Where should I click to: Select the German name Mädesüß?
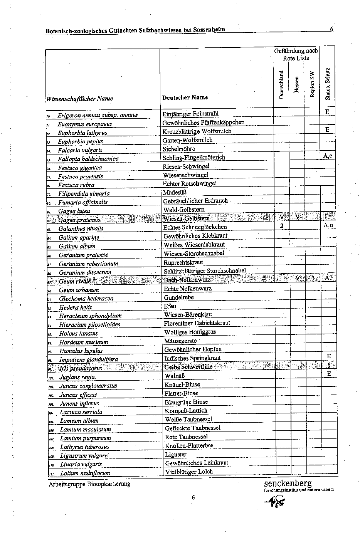175,193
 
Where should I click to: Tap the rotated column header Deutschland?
281,84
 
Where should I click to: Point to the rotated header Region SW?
312,84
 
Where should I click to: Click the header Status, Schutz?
327,84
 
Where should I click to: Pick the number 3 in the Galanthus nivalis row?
282,226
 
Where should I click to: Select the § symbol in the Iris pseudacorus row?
329,365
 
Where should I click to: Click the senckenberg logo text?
288,483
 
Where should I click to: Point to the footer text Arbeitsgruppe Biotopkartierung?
89,484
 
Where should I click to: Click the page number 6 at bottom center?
193,497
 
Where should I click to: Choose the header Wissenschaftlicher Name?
79,99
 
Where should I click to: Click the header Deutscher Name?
185,97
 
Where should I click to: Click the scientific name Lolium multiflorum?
85,473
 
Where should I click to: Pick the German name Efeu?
170,306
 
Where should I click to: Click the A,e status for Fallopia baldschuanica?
328,156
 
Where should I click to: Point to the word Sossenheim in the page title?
209,30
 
